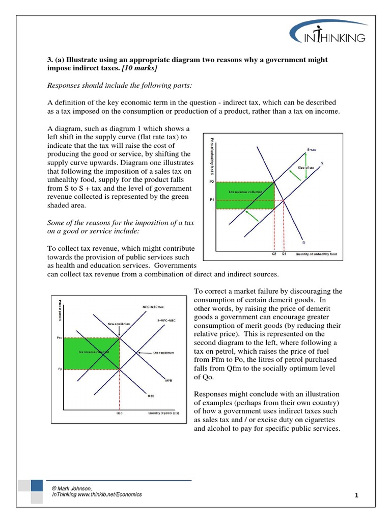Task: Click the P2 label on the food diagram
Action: [212, 181]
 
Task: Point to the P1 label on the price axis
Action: [212, 200]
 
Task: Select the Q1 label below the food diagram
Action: [284, 253]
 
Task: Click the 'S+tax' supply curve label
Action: [312, 149]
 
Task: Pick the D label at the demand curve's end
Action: [304, 242]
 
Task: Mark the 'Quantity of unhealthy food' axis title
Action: [316, 253]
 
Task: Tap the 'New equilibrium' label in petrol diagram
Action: [119, 324]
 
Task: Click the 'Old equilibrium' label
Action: [163, 353]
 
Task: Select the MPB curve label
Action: [169, 380]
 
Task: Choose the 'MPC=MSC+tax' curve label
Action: [153, 307]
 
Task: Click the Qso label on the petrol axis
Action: [120, 413]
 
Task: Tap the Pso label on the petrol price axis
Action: [59, 337]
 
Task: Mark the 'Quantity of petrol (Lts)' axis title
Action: [164, 413]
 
